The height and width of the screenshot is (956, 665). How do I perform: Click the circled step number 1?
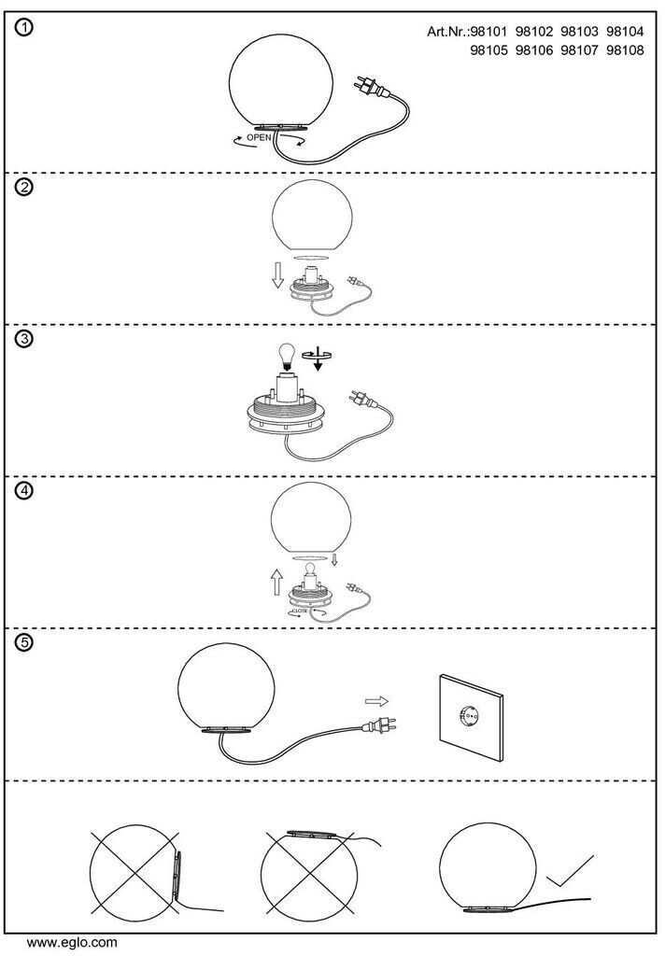[x=25, y=28]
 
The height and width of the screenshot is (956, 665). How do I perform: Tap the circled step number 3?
[x=25, y=339]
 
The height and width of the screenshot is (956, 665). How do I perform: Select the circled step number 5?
[x=25, y=643]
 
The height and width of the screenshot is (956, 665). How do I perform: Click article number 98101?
[x=493, y=33]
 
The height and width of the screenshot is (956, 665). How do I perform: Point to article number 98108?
[x=625, y=50]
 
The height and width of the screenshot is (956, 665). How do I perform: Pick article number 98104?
[x=625, y=33]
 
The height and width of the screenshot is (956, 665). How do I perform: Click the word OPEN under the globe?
[x=259, y=137]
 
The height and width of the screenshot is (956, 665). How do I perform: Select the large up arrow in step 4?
[x=276, y=583]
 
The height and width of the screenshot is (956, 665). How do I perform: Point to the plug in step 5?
[x=381, y=723]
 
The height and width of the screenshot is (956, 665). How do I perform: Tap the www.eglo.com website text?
[x=72, y=942]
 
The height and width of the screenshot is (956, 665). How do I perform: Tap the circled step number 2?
[x=25, y=186]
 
